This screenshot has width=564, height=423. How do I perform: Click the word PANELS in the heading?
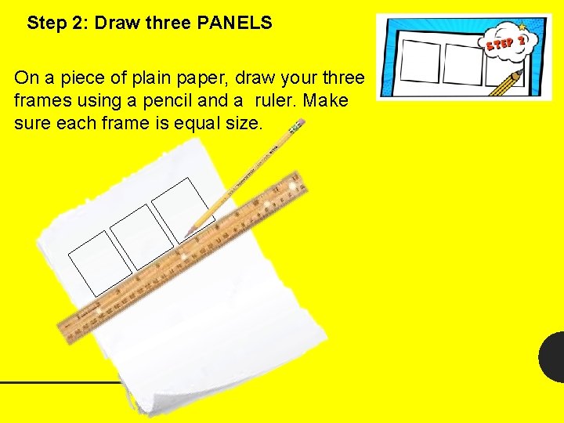[x=234, y=23]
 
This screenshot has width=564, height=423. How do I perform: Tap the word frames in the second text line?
[x=41, y=101]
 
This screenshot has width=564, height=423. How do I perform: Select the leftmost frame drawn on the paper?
[x=99, y=262]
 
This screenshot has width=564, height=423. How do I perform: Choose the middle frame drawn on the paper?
[x=141, y=235]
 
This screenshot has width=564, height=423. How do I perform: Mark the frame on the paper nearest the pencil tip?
[x=181, y=208]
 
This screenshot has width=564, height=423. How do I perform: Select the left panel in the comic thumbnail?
[x=421, y=63]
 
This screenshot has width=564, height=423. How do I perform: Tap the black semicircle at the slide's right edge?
[x=553, y=356]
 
